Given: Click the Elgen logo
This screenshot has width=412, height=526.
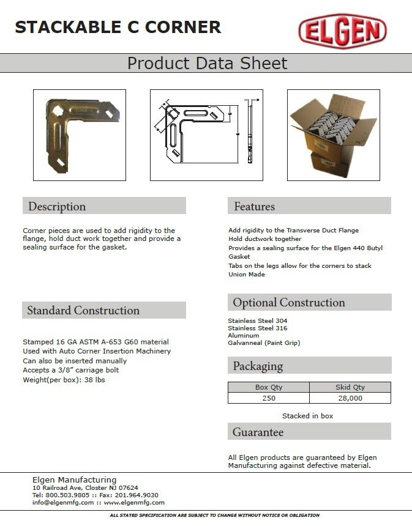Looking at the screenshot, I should click(x=342, y=31).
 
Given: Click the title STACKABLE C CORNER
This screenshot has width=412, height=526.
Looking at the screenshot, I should click(x=118, y=27).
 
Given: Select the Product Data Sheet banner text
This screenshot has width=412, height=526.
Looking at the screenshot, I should click(x=207, y=63).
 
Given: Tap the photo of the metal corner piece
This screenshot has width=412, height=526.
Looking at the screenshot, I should click(x=80, y=135).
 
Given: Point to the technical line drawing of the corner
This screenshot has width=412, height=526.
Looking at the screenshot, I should click(x=206, y=135).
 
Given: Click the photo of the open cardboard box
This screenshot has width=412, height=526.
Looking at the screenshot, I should click(x=334, y=135).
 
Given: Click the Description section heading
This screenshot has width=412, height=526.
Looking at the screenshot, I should click(x=57, y=206).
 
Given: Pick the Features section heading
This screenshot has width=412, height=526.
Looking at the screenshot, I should click(x=254, y=206).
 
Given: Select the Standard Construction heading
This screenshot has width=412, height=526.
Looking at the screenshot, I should click(x=83, y=310).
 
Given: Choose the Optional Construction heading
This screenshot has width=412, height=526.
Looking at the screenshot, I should click(x=288, y=302).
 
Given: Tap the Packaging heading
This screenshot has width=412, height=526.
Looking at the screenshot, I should click(x=257, y=366).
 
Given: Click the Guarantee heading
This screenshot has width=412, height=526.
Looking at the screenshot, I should click(x=258, y=432).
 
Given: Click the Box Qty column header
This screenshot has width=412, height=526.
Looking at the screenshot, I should click(x=268, y=387).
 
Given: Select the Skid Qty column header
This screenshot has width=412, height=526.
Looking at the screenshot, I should click(x=350, y=387).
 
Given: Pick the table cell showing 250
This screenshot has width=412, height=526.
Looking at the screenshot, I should click(x=268, y=398).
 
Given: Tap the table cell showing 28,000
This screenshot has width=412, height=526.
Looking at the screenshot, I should click(x=350, y=398).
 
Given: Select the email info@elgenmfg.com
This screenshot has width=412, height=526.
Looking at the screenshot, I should click(x=63, y=502).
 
